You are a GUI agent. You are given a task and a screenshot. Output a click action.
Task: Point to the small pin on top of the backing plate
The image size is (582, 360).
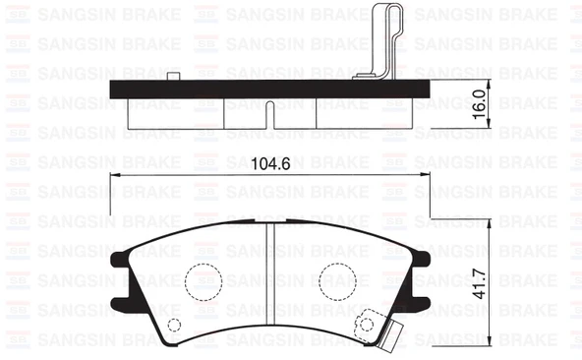tap(174, 77)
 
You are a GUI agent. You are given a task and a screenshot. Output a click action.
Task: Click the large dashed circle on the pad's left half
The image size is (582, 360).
tap(204, 280)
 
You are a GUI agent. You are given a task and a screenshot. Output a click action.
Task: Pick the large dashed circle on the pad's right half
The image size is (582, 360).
tap(334, 280)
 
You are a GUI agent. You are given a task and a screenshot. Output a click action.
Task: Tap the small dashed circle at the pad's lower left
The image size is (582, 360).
tap(173, 327)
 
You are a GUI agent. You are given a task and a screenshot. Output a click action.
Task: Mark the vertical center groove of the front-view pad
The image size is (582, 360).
tap(269, 285)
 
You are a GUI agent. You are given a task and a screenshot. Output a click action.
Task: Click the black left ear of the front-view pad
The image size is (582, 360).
tap(117, 265)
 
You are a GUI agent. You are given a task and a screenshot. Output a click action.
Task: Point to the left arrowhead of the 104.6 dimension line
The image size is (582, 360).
tap(111, 176)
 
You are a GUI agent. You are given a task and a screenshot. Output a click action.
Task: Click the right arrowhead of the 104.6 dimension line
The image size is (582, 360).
tap(429, 176)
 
